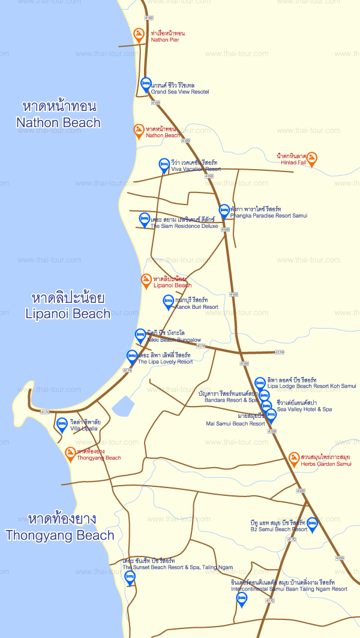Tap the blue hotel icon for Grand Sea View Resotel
(x=146, y=85)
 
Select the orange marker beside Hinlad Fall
(x=311, y=159)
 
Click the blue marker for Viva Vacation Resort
(x=164, y=165)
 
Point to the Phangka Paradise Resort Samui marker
(x=224, y=210)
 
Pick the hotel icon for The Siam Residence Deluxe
(x=144, y=219)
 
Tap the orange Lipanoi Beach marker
(x=146, y=280)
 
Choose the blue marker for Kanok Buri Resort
(x=169, y=302)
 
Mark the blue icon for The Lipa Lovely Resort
(x=132, y=357)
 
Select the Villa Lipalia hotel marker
(x=62, y=425)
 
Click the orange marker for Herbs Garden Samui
(x=294, y=459)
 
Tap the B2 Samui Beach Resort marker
(x=312, y=525)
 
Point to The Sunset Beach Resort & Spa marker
(x=130, y=577)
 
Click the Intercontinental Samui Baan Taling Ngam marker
(x=242, y=599)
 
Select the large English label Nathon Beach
(x=59, y=123)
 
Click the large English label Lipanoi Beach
(x=68, y=313)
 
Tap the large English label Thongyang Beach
(x=60, y=535)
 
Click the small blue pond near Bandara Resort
(x=123, y=406)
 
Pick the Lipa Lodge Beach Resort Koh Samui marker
(x=260, y=383)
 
